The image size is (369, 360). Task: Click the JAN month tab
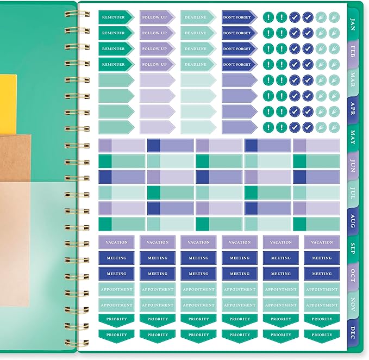point(353,24)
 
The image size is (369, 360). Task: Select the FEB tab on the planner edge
point(353,52)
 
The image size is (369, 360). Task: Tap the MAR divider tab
point(353,80)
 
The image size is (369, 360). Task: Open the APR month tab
point(353,109)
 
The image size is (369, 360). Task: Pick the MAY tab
point(353,137)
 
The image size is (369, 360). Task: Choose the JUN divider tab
point(353,165)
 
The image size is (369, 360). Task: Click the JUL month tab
point(353,193)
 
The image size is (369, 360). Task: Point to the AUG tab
point(353,221)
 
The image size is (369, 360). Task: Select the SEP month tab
point(353,249)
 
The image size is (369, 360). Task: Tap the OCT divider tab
point(353,276)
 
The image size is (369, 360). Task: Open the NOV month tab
point(353,304)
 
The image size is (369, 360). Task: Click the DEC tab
point(353,332)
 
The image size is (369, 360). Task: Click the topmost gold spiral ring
point(77,14)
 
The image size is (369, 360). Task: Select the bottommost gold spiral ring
point(77,343)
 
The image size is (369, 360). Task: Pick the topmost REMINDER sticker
point(116,17)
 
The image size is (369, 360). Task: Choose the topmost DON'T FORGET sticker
point(239,17)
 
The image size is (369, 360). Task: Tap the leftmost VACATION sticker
point(116,243)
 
